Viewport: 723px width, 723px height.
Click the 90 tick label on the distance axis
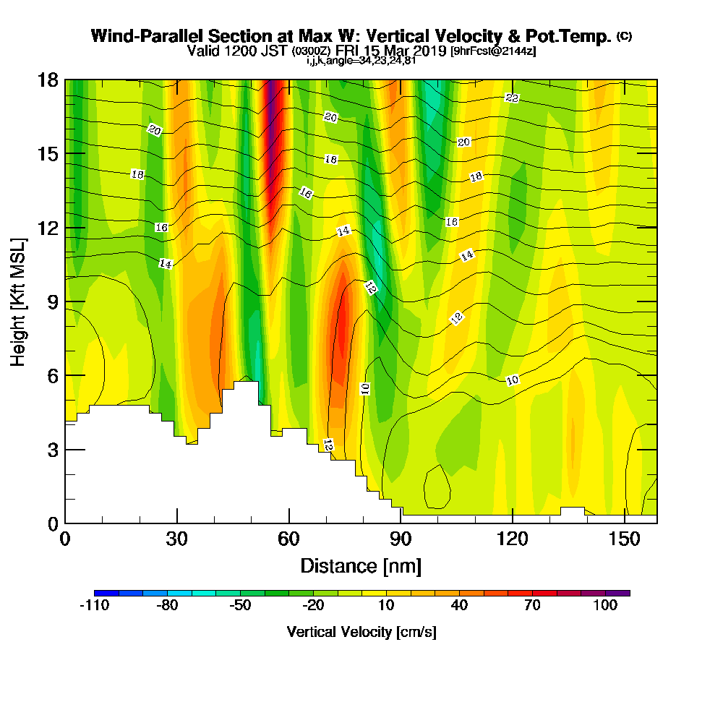pyautogui.click(x=401, y=539)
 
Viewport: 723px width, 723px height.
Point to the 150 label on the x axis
pyautogui.click(x=624, y=539)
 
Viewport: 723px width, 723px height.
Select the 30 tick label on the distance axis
pyautogui.click(x=176, y=539)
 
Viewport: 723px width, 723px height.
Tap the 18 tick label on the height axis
pyautogui.click(x=48, y=80)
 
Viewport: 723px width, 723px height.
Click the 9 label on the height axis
pyautogui.click(x=53, y=302)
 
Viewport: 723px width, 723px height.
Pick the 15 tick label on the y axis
pyautogui.click(x=48, y=154)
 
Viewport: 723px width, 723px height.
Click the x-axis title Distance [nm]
pyautogui.click(x=361, y=566)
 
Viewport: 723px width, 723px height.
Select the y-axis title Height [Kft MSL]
pyautogui.click(x=18, y=302)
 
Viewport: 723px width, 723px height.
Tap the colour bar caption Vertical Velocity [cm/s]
pyautogui.click(x=361, y=632)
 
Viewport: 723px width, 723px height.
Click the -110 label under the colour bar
pyautogui.click(x=95, y=605)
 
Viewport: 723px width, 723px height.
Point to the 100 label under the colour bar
pyautogui.click(x=605, y=605)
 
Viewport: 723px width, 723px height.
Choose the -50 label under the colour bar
pyautogui.click(x=240, y=605)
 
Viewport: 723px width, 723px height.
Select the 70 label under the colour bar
pyautogui.click(x=532, y=605)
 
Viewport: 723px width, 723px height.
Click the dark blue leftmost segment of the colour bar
pyautogui.click(x=106, y=593)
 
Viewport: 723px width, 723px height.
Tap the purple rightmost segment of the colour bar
pyautogui.click(x=618, y=593)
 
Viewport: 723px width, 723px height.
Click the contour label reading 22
pyautogui.click(x=512, y=98)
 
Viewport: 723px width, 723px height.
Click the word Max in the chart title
pyautogui.click(x=314, y=36)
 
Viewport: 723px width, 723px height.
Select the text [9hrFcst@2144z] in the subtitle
pyautogui.click(x=493, y=51)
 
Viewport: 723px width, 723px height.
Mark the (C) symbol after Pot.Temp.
pyautogui.click(x=625, y=36)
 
